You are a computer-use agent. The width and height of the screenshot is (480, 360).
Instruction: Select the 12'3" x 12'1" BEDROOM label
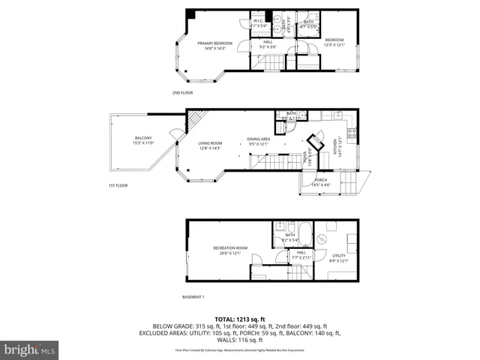(334, 42)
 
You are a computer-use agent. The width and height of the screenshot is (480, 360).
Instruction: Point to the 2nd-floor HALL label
(267, 44)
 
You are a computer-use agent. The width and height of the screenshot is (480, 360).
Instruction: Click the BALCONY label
(143, 140)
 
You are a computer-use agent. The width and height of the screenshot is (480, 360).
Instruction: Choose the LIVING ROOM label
(211, 145)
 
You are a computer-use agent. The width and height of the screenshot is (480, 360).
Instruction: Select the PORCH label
(320, 182)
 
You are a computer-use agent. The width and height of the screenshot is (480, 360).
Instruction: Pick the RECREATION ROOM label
(230, 250)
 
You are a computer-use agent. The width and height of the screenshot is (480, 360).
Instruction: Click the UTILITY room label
(339, 257)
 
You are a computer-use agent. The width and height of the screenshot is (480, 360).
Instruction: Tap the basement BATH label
(290, 237)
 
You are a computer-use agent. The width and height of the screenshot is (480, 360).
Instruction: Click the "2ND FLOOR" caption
(182, 92)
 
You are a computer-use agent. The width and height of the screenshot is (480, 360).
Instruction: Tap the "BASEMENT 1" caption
(193, 298)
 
